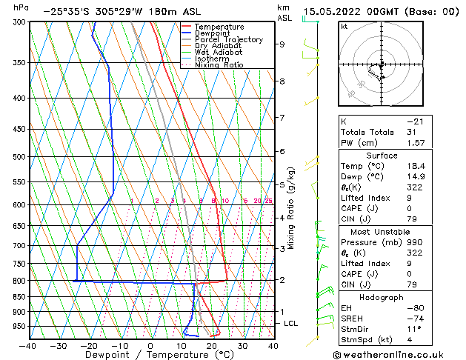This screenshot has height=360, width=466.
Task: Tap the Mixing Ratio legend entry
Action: (x=219, y=65)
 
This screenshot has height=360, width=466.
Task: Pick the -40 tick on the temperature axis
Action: (x=28, y=345)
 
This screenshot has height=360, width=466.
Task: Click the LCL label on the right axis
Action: (x=291, y=324)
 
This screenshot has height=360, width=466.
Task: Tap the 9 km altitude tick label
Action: (x=282, y=44)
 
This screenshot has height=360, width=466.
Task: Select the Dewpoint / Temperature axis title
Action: (x=150, y=355)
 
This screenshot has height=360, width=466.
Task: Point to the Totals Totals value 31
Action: (x=412, y=132)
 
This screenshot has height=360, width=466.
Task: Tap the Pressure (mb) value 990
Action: (x=415, y=242)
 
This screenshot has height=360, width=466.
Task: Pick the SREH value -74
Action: (x=415, y=319)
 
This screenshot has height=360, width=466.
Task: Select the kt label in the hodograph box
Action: (x=344, y=27)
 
